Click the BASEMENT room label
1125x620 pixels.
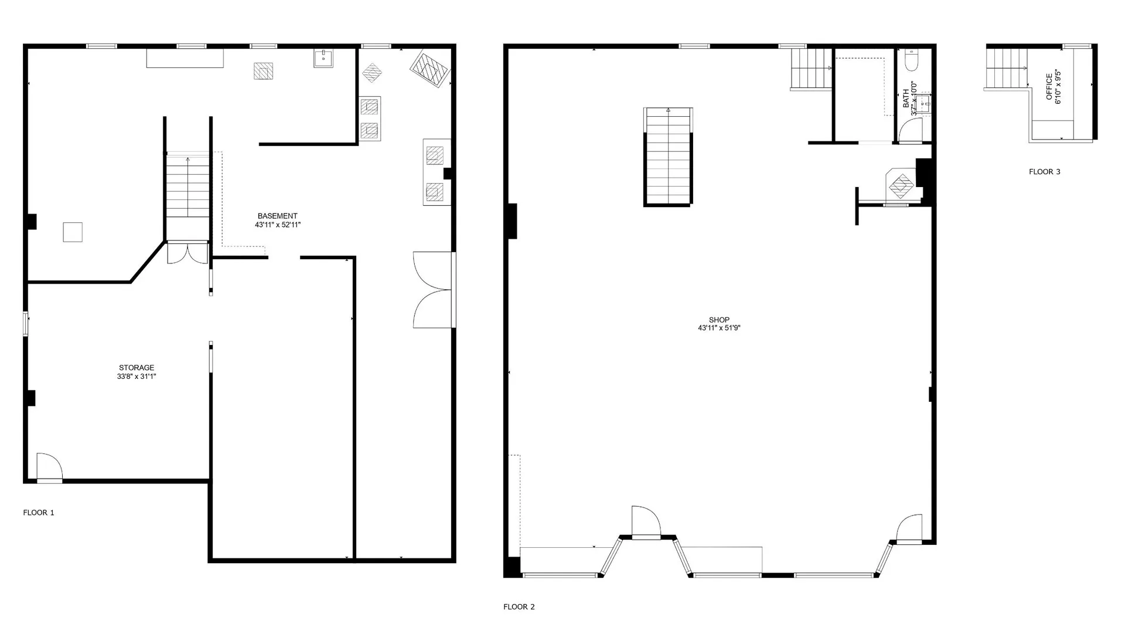click(x=278, y=216)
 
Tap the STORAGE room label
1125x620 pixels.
click(x=137, y=368)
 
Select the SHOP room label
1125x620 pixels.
click(x=719, y=320)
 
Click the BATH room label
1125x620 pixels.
click(x=906, y=98)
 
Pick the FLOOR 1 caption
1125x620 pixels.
click(x=39, y=513)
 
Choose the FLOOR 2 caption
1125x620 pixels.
click(x=519, y=607)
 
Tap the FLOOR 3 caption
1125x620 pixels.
click(x=1045, y=172)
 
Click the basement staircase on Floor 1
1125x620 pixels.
click(x=187, y=185)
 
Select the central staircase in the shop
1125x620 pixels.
click(x=668, y=157)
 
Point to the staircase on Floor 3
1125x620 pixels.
click(x=1007, y=68)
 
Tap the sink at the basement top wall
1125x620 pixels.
click(x=323, y=58)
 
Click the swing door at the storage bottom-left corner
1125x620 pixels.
click(x=49, y=467)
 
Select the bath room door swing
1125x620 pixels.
click(x=911, y=130)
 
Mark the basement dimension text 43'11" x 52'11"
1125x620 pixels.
click(x=278, y=225)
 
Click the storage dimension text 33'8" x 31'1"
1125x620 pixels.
click(x=137, y=377)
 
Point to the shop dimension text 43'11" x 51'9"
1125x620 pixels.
click(x=719, y=328)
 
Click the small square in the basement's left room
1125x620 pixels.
click(x=73, y=232)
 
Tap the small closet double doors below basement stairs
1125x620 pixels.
click(x=187, y=253)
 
